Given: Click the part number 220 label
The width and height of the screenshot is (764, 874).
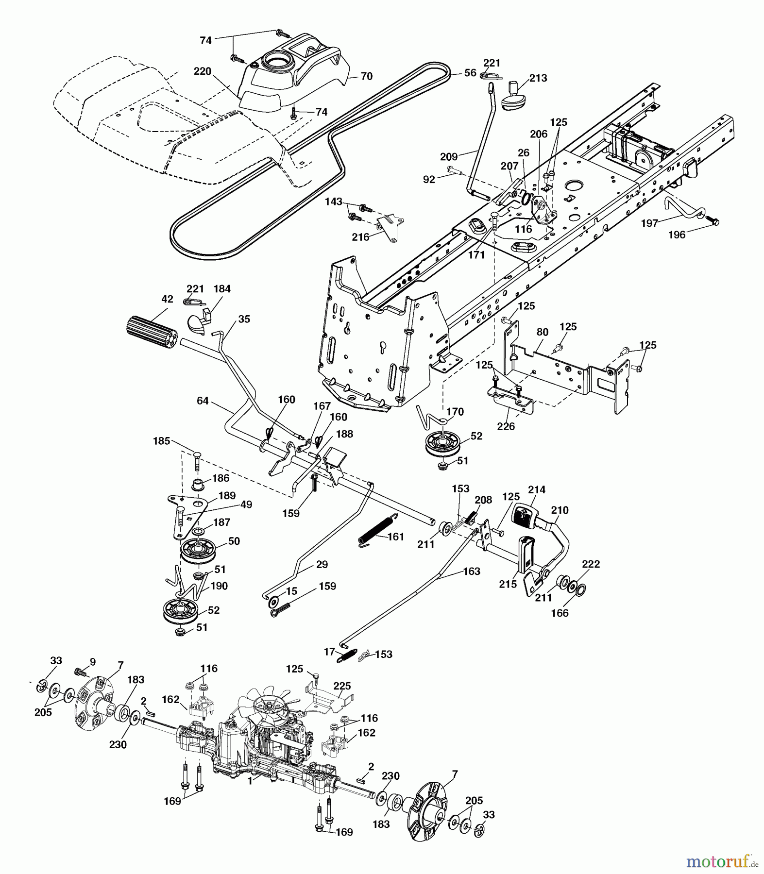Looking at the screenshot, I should tap(202, 71).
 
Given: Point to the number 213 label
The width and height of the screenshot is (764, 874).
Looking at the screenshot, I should tap(538, 78).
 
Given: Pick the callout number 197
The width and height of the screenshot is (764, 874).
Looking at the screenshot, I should tap(649, 223).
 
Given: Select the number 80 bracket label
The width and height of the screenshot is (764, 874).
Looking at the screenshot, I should tap(542, 332).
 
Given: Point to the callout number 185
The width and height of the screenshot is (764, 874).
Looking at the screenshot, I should tap(161, 441).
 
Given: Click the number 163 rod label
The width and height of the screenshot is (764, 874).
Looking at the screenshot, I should tap(472, 571).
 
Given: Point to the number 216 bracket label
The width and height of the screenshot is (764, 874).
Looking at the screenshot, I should tap(360, 237).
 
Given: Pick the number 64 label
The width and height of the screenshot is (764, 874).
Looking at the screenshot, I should tap(203, 401).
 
